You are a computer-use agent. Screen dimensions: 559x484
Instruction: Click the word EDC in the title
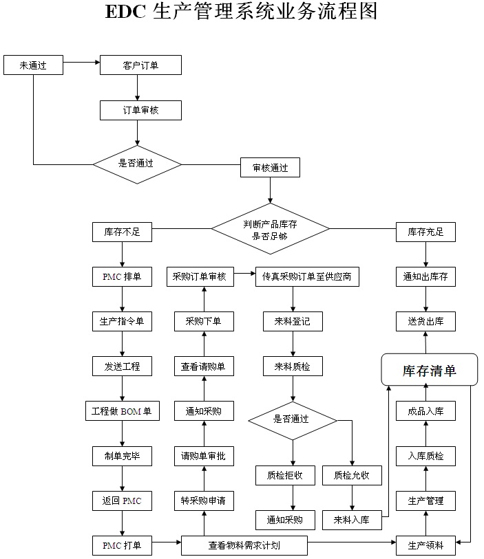point(125,12)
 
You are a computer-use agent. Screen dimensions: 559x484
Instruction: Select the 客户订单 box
point(141,66)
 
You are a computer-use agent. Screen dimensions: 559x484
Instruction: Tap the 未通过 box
point(33,66)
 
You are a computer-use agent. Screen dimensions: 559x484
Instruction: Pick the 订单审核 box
point(141,110)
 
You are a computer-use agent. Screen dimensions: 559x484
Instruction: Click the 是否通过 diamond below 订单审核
point(137,164)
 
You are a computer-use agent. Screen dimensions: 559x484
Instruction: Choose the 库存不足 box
point(122,232)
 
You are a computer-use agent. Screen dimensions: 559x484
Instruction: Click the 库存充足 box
point(425,232)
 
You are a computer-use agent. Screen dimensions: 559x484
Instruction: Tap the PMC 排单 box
point(122,277)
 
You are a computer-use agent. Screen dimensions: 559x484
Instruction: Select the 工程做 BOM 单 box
point(122,411)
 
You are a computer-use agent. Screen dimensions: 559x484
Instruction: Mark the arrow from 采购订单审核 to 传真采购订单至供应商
point(245,277)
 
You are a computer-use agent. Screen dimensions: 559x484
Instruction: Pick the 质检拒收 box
point(294,475)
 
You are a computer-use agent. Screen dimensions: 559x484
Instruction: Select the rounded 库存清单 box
point(430,371)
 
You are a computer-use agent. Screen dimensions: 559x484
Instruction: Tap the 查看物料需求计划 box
point(244,545)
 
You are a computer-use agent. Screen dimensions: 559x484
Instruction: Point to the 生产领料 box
point(425,545)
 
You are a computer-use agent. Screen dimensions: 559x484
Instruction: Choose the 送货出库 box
point(425,321)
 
